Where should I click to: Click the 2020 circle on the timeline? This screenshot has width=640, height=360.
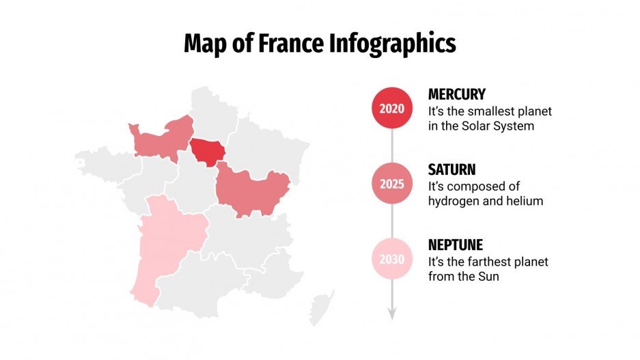[392, 109]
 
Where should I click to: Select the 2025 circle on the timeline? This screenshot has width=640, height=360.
[392, 184]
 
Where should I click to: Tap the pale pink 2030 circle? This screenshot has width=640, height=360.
[392, 260]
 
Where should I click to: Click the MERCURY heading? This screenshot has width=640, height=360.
[456, 94]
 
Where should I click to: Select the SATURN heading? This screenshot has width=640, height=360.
[451, 169]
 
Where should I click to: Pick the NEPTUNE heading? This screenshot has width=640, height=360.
[456, 245]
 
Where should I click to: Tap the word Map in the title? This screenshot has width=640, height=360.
[204, 44]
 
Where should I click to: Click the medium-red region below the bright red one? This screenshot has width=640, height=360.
[251, 191]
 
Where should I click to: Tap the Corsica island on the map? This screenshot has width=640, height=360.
[320, 307]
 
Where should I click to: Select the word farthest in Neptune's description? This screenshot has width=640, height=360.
[484, 262]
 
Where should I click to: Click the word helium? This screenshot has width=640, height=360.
[525, 201]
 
